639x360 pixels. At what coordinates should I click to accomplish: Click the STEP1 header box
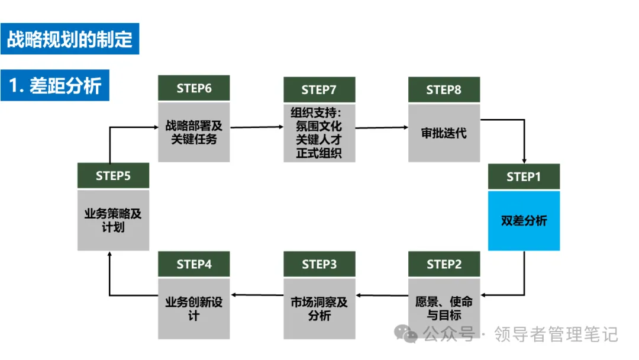[524, 176]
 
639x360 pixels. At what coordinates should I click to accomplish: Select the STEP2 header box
[444, 263]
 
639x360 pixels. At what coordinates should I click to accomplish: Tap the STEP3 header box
[319, 263]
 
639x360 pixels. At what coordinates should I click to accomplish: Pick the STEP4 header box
[193, 263]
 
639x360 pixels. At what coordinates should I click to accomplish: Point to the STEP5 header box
[113, 175]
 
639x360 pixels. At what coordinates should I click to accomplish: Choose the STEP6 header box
[193, 88]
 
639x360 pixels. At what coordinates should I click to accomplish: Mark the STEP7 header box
[319, 89]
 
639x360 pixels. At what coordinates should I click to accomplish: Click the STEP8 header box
[444, 89]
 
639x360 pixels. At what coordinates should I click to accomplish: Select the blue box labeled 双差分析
[524, 221]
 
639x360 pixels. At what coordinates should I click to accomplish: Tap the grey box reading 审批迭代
[444, 133]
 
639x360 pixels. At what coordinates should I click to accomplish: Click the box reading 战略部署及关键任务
[193, 132]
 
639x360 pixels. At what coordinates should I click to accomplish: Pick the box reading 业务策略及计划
[113, 220]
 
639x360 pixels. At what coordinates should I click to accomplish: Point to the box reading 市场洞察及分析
[319, 308]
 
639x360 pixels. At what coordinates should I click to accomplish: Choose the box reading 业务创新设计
[193, 308]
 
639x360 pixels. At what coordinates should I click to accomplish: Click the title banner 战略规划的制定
[70, 38]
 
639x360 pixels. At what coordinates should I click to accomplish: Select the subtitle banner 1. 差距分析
[55, 85]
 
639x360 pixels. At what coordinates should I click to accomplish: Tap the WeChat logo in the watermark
[405, 334]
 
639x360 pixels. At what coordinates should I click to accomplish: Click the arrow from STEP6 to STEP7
[257, 127]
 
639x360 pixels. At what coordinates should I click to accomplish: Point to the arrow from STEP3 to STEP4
[257, 295]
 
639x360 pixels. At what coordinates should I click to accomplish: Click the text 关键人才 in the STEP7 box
[319, 139]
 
